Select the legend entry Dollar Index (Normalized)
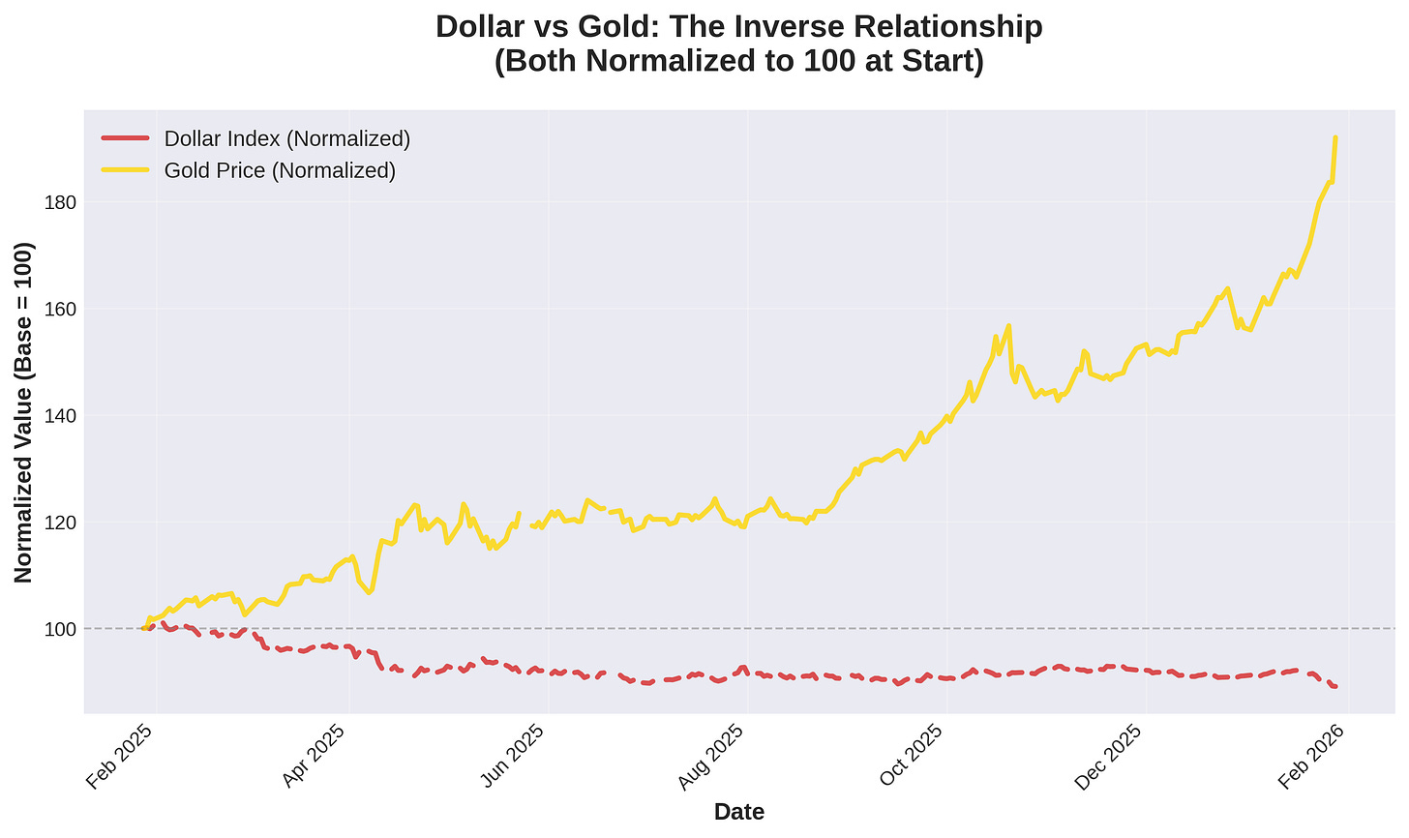[287, 139]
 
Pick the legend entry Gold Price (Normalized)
[280, 171]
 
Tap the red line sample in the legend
[125, 139]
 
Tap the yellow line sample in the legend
[125, 171]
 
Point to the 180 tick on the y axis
[59, 202]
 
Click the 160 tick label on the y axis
[59, 309]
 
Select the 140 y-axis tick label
[59, 415]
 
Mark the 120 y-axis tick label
[59, 522]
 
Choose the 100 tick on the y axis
[59, 628]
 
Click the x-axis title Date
[739, 813]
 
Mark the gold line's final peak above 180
[1335, 138]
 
